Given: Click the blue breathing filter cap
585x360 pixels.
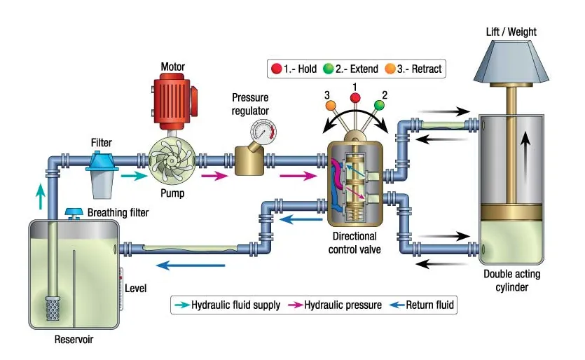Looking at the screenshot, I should coord(73,212).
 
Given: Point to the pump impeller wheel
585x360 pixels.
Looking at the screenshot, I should coord(170,162).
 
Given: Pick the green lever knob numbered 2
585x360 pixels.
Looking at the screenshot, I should coord(379,105).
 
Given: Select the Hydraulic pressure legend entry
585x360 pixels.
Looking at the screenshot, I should coord(338,305).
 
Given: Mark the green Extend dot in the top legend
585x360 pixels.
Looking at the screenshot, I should coord(327,69).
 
